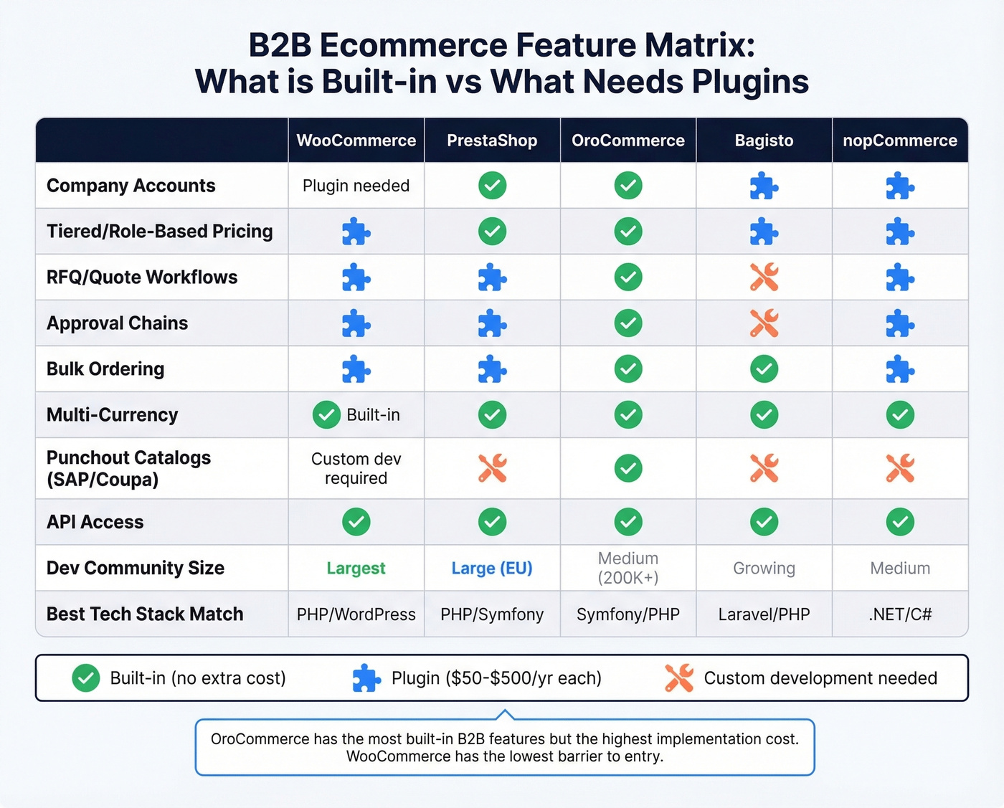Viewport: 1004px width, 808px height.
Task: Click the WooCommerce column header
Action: tap(356, 141)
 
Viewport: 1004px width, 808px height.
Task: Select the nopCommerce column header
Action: tap(899, 141)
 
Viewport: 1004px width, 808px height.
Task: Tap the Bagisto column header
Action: tap(764, 141)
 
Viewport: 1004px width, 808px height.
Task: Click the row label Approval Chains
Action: tap(117, 323)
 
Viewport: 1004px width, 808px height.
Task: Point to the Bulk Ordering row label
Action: tap(105, 369)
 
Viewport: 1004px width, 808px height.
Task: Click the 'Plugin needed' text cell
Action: tap(356, 186)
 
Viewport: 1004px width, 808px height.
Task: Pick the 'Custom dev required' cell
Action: tap(356, 468)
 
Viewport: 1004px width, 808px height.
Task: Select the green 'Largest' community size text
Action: tap(356, 569)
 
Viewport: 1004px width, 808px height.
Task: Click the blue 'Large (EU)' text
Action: tap(492, 569)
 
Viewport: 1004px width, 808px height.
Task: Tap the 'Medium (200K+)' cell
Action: tap(628, 568)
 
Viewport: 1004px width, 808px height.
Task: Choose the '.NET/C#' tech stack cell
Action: tap(899, 614)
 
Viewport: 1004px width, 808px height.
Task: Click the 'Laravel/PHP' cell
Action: tap(764, 614)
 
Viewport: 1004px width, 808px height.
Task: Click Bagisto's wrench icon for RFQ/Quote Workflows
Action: tap(764, 277)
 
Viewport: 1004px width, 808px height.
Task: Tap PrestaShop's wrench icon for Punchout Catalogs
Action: tap(492, 468)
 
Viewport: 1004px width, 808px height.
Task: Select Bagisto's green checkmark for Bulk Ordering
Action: tap(764, 369)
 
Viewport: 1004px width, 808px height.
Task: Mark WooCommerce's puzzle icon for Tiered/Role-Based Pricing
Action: tap(356, 232)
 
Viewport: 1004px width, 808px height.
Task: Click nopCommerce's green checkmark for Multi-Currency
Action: tap(899, 415)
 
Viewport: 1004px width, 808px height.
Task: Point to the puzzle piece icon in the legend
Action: tap(366, 678)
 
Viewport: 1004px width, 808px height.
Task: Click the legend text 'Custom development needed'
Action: tap(820, 678)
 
